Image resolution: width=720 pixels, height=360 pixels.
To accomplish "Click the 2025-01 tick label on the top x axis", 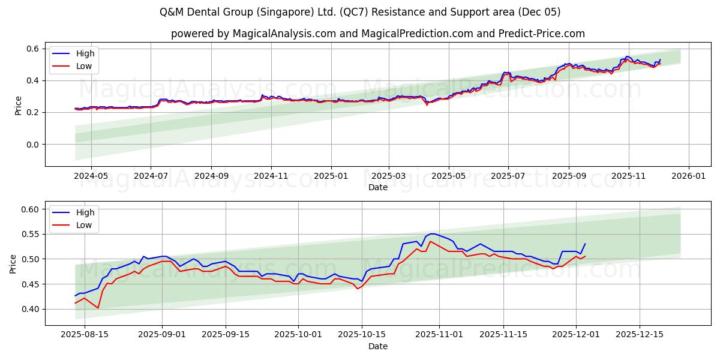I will (x=331, y=176).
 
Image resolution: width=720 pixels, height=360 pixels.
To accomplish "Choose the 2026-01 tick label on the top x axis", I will (x=688, y=176).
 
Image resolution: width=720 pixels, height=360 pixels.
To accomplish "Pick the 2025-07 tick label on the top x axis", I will (x=508, y=176).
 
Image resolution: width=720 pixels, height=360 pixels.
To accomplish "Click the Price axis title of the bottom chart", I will (x=13, y=263).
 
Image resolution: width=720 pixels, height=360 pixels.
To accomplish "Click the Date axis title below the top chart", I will (x=378, y=187).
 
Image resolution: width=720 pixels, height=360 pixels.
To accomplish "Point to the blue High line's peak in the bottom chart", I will (x=431, y=233).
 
